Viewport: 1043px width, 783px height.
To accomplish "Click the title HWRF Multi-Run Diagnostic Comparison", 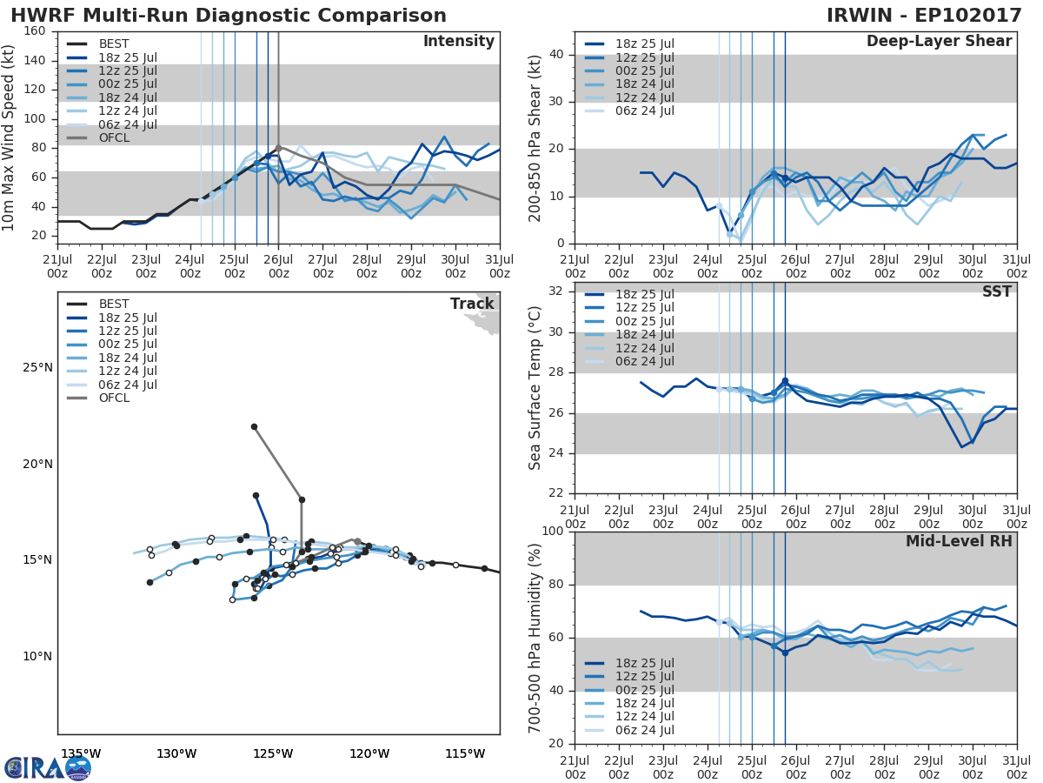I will (229, 16).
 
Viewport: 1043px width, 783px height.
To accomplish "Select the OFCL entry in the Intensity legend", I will (114, 138).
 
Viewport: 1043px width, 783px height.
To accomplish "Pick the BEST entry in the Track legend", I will (114, 304).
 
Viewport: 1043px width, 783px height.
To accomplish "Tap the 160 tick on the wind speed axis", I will (36, 32).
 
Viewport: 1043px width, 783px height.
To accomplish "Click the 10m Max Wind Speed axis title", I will (10, 137).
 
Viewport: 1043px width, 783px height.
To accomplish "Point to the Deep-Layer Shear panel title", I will (939, 42).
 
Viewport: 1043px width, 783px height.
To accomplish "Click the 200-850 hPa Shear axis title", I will (536, 137).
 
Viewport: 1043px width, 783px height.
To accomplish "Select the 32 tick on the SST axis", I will (556, 291).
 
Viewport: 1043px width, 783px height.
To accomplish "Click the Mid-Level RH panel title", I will (959, 541).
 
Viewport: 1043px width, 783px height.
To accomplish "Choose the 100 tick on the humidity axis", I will (553, 532).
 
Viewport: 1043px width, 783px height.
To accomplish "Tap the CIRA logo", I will (48, 766).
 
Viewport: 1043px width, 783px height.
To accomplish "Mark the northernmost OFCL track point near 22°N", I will (254, 426).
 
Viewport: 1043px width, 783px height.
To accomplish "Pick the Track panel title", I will (471, 304).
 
